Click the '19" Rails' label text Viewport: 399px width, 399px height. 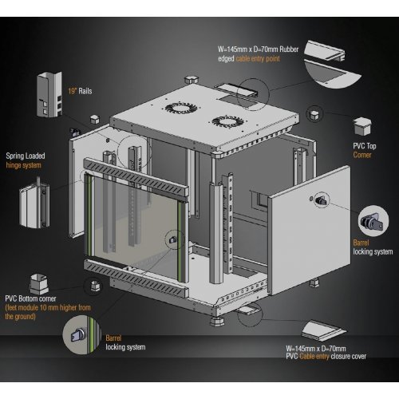coord(80,91)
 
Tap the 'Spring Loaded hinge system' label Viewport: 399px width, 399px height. coord(26,160)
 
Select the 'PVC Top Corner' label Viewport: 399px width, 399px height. coord(365,150)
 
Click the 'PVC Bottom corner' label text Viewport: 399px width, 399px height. coord(30,298)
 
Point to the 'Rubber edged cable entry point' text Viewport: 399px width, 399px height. coord(258,53)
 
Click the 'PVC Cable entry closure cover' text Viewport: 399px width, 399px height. coord(326,352)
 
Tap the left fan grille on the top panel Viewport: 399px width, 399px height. coord(181,108)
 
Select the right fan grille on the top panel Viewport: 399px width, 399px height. coord(228,121)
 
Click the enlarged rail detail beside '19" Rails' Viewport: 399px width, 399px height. coord(49,94)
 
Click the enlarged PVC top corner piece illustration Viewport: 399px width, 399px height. coord(362,126)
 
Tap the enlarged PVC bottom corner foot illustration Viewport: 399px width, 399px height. coord(39,284)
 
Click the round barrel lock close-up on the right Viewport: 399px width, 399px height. coord(373,221)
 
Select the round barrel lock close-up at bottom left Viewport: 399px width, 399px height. coord(82,334)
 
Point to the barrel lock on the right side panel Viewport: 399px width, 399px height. coord(322,200)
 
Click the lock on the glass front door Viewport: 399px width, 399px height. coord(173,239)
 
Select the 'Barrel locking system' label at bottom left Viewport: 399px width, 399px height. coord(125,342)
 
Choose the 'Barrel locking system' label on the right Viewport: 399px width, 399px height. coord(373,247)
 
